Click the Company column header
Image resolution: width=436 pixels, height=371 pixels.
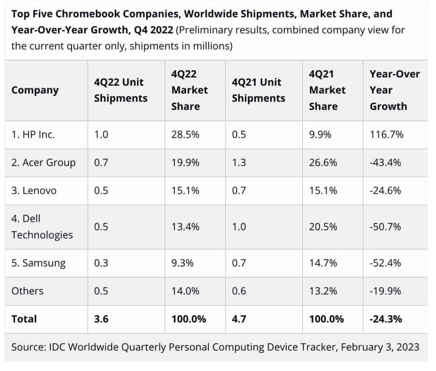coord(35,90)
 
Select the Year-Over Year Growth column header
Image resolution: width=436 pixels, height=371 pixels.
coord(394,90)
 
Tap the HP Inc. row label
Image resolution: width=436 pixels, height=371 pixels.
coord(33,135)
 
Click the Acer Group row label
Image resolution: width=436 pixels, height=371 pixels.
coord(44,163)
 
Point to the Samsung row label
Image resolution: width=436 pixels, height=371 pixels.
coord(38,263)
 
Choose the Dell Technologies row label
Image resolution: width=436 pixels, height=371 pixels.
coord(42,226)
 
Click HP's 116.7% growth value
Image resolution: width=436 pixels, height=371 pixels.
coord(386,135)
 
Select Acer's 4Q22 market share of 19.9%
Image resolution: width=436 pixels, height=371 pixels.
coord(185,163)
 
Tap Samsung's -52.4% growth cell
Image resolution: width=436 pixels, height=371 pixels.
coord(386,263)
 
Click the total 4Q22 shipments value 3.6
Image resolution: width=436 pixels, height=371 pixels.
coord(101,319)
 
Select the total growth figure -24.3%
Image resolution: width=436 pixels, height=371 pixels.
coord(387,319)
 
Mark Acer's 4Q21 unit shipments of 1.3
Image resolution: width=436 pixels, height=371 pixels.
coord(239,163)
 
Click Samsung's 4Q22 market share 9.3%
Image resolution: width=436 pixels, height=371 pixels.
coord(182,263)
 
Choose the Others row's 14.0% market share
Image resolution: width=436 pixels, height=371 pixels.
coord(186,291)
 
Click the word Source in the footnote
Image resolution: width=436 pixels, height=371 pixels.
coord(29,347)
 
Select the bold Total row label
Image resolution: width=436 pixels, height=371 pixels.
coord(24,319)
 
